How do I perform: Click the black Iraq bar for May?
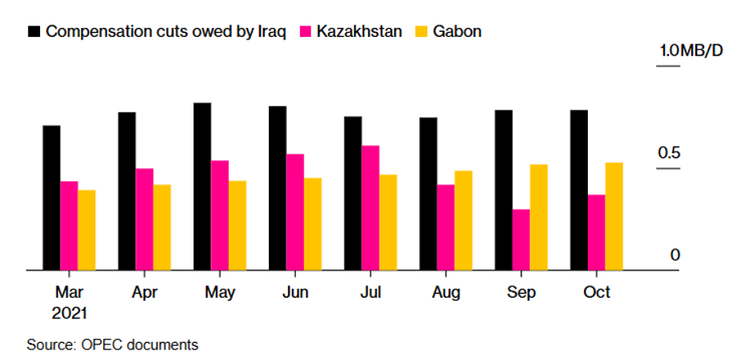click(203, 186)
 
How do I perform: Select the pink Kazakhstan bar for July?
click(371, 207)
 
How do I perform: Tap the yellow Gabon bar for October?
click(614, 216)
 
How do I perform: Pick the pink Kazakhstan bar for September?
click(521, 239)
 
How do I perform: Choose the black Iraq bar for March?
click(52, 198)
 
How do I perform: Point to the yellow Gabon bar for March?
click(87, 230)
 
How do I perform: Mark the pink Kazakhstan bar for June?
click(295, 212)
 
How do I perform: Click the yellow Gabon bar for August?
click(463, 220)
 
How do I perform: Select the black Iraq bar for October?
click(579, 189)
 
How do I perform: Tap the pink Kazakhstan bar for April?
click(144, 219)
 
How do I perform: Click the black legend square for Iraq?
click(34, 32)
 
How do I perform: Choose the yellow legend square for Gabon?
click(420, 32)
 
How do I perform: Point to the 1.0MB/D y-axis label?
click(690, 51)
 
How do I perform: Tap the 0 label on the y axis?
click(676, 255)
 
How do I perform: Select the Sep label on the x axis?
click(522, 293)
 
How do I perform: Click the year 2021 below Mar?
click(69, 312)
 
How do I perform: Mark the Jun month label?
click(295, 293)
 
